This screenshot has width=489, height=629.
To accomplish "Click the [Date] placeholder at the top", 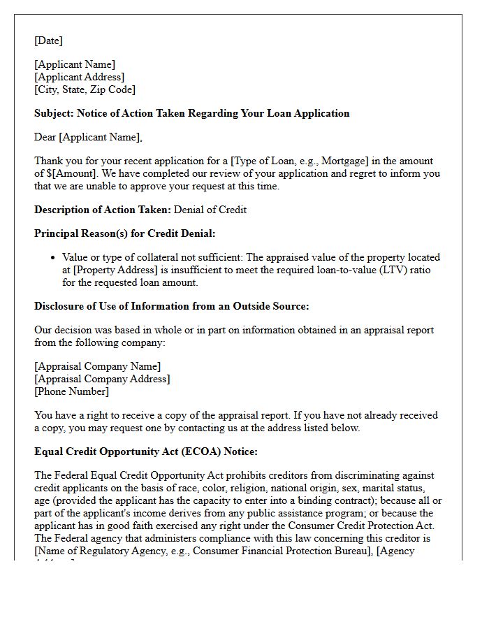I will (48, 41).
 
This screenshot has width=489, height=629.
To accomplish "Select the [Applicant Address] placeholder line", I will (79, 77).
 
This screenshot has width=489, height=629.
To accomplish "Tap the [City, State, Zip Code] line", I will (85, 89).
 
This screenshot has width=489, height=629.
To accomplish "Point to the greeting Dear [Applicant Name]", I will (88, 137).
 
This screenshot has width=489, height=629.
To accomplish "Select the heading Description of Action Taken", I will (102, 210).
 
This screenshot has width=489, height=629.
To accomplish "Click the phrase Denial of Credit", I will (210, 210).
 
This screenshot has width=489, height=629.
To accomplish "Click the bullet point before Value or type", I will (54, 258).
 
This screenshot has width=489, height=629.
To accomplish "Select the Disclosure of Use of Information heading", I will (171, 306).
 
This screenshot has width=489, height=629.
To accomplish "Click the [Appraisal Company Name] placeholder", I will (97, 366).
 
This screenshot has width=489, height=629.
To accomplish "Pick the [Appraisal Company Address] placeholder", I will (102, 379).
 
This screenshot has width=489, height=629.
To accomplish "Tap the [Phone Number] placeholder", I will (71, 391).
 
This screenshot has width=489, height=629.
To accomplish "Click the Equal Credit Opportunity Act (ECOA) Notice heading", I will (146, 451).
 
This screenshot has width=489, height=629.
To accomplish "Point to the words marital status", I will (409, 488).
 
